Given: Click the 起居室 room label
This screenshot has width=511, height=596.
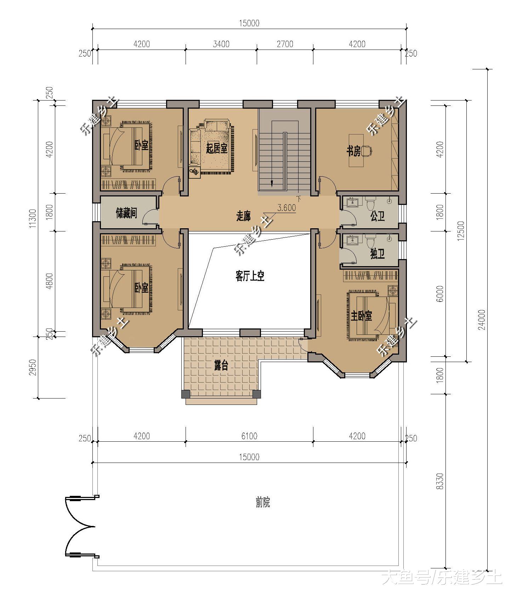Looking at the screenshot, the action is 217,148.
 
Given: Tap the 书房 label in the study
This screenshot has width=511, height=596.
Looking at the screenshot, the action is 353,151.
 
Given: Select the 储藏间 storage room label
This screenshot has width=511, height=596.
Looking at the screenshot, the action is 127,213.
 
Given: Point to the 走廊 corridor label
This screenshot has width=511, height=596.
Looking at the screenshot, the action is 243,216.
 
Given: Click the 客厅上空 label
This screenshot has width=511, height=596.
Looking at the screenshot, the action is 250,276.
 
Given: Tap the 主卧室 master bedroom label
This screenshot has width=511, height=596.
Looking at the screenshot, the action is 362,316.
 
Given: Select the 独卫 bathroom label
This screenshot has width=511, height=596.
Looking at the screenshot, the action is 377,253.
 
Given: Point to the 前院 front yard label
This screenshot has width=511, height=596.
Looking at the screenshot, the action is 263,502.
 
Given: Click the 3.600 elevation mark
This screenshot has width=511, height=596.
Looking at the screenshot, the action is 286,208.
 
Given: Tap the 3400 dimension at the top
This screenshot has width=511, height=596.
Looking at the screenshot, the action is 221,44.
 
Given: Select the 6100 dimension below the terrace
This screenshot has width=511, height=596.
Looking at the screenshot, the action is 249,436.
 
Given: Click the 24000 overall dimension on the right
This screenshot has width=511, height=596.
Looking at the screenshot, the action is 481,320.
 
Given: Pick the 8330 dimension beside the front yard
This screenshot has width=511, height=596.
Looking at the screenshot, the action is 439,481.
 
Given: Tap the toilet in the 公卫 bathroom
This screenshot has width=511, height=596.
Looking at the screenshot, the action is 370,205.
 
